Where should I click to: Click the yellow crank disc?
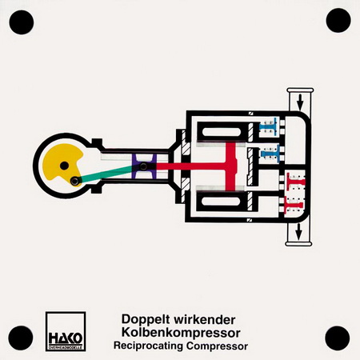[x=58, y=160]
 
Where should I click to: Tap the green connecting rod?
[x=106, y=174]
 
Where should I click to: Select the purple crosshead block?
[x=144, y=167]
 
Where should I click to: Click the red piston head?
[x=231, y=166]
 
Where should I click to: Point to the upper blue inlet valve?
[x=270, y=126]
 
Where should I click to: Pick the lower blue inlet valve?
[x=270, y=154]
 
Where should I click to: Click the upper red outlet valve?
[x=296, y=182]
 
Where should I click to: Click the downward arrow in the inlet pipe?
[x=300, y=102]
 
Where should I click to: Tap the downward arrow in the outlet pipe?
[x=298, y=231]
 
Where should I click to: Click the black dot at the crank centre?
[x=64, y=166]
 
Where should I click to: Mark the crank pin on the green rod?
[x=75, y=181]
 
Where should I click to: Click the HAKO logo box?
[x=66, y=331]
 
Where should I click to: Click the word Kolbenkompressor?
[x=181, y=333]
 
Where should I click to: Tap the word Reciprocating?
[x=148, y=346]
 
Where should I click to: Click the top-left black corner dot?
[x=22, y=22]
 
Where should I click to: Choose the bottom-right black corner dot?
[x=338, y=338]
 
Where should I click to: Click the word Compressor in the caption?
[x=217, y=346]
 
